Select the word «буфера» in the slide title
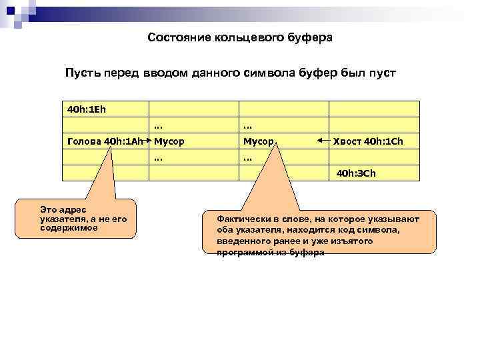[309, 38]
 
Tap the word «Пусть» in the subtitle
[81, 72]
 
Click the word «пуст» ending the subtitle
[381, 72]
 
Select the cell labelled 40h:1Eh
[87, 108]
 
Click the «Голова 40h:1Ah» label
[105, 141]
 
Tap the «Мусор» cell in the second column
[169, 141]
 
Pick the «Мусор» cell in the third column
[258, 141]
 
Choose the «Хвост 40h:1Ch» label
[368, 141]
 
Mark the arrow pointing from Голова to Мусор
[148, 141]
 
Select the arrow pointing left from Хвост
[323, 141]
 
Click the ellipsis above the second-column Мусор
[158, 125]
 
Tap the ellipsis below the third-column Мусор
[247, 159]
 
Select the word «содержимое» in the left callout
[69, 227]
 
